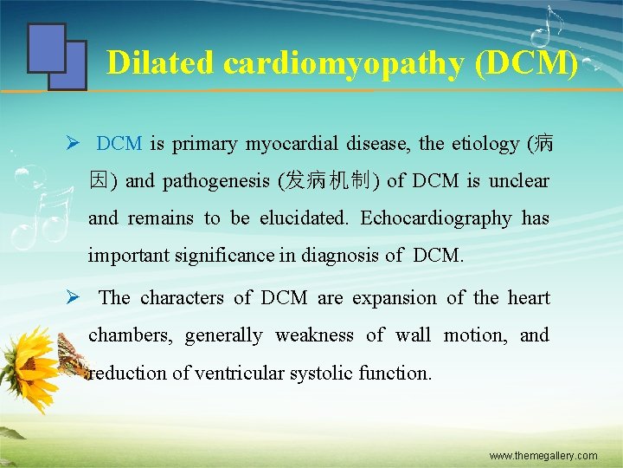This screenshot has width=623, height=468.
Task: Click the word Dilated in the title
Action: (x=160, y=62)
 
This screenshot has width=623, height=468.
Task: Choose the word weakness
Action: (x=315, y=335)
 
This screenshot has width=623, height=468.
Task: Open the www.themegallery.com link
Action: (x=543, y=455)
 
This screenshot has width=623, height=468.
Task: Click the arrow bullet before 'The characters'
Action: (x=75, y=298)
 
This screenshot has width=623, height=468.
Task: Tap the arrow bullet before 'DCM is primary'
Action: (x=75, y=144)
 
